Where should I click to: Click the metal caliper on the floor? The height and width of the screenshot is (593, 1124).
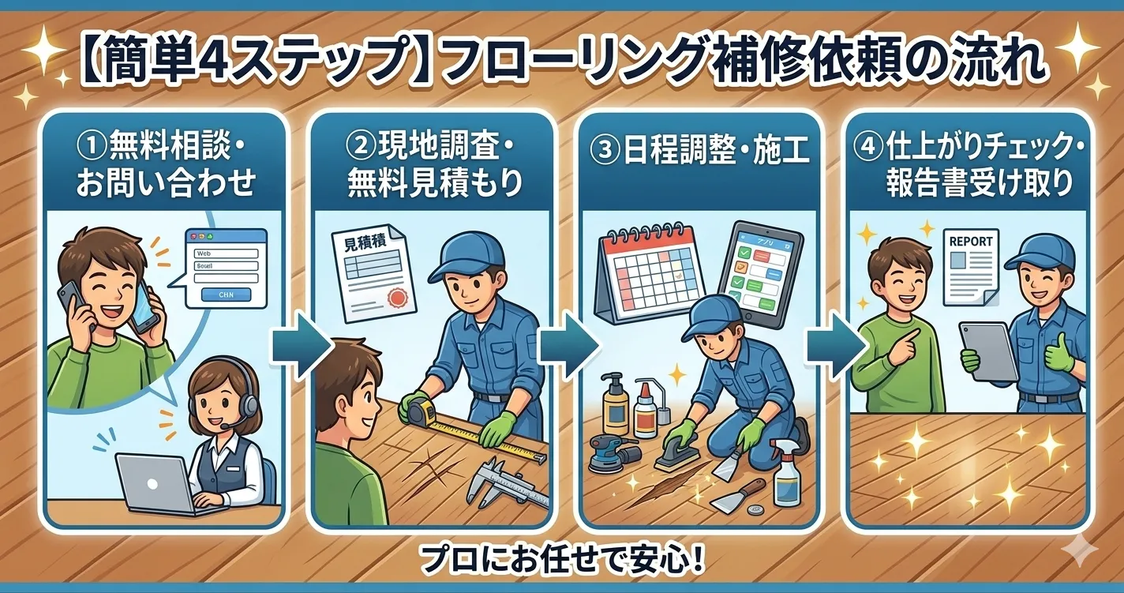pyautogui.click(x=505, y=482)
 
